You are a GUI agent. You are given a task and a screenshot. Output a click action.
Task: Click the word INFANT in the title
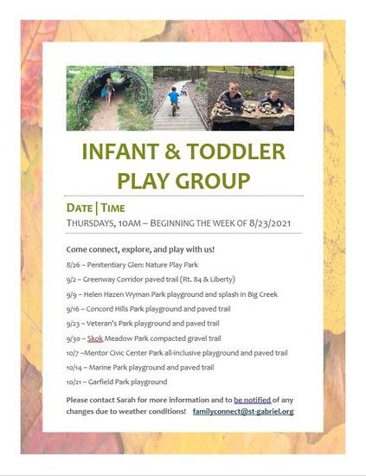coord(120,151)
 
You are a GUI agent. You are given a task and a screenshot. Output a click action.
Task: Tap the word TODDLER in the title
coord(236,151)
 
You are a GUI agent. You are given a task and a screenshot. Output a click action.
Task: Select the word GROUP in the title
coord(213,181)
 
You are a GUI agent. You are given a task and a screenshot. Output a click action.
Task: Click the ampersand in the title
coord(172,151)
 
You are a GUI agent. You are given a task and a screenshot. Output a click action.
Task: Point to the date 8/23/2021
coord(269,223)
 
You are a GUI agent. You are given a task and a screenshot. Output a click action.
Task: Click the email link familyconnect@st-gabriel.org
coord(243,412)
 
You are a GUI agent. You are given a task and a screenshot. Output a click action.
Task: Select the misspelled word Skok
coord(95,338)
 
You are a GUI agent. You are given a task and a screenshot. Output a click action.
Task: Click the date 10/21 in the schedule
coord(73,382)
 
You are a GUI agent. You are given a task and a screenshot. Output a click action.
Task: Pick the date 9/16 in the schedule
coord(73,309)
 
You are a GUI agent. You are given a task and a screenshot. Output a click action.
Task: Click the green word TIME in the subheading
coord(112,209)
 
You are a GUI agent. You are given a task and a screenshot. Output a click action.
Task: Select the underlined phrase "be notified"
coord(252,400)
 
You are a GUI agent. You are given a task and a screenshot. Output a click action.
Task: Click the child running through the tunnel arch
coord(108,91)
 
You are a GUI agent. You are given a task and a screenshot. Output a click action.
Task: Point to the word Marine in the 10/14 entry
coord(100,368)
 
